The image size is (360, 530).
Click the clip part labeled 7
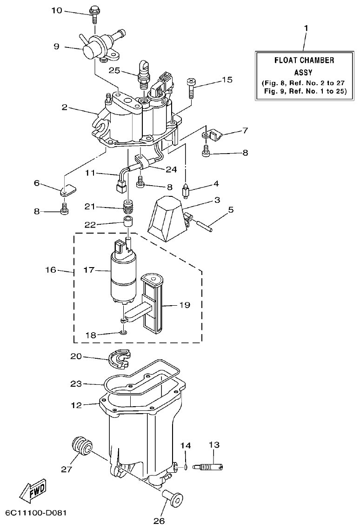(215, 135)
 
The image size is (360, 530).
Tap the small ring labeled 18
(123, 332)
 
